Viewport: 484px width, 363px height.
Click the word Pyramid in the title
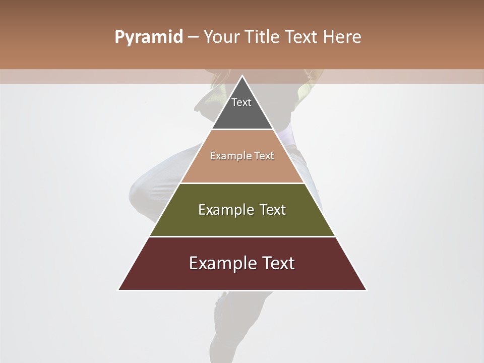148,37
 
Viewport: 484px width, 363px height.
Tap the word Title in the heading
261,37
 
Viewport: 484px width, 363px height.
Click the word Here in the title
342,37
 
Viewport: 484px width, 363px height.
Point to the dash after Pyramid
193,37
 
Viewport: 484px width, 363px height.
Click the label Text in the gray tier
241,102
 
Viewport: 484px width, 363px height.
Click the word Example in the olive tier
225,210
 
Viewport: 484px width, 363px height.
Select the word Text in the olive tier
273,210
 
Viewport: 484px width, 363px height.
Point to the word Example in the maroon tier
222,263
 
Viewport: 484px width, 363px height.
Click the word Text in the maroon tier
278,263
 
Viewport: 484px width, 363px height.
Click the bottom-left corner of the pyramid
119,289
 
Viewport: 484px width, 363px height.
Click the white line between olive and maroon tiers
242,236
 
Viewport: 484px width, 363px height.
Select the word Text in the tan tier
264,156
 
